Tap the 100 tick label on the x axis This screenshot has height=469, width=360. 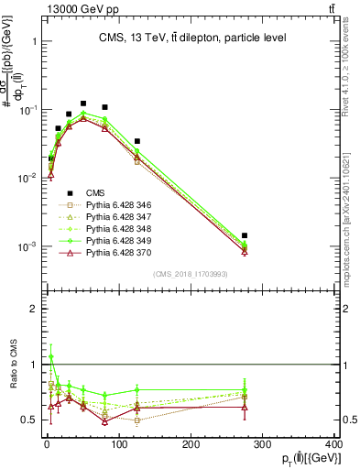(x=118, y=444)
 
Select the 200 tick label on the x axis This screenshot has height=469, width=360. (x=191, y=444)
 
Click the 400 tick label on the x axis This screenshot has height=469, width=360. (x=333, y=444)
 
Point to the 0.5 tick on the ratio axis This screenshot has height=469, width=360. (x=31, y=420)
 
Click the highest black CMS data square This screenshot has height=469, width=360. (x=83, y=104)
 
